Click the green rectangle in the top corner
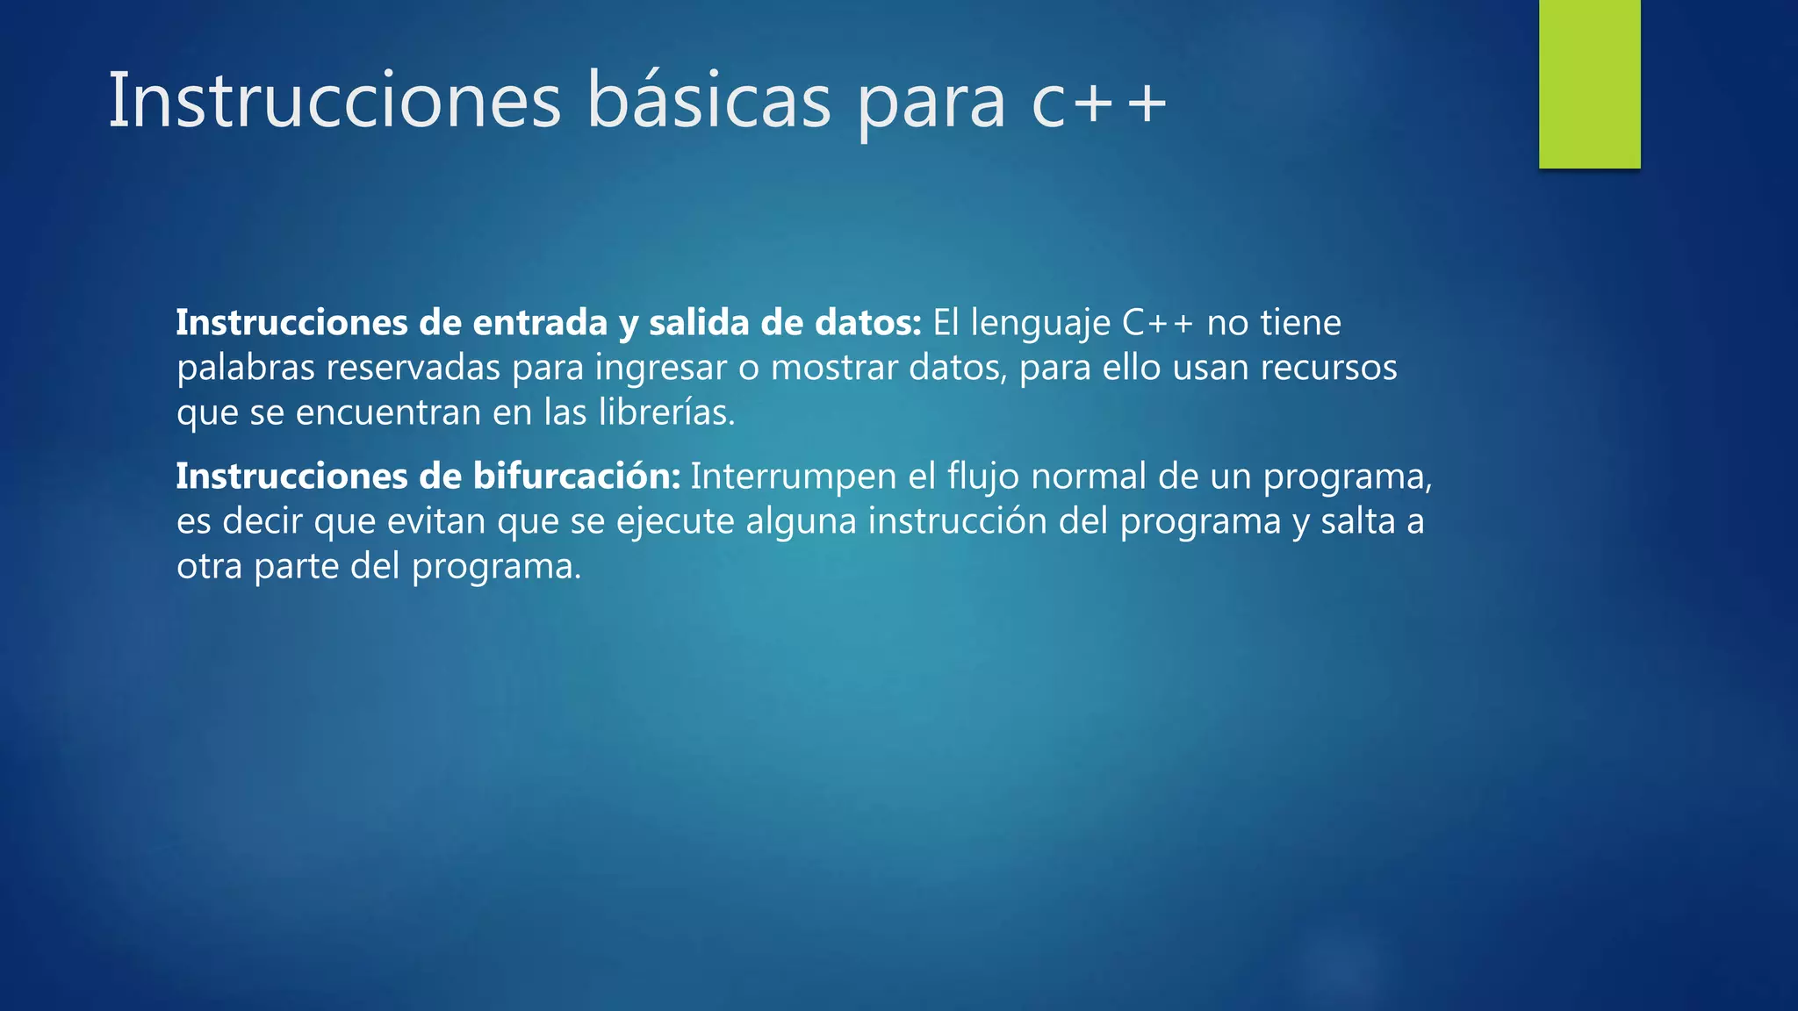tap(1589, 83)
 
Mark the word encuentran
tap(388, 412)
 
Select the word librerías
tap(666, 412)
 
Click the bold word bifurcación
tap(576, 477)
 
